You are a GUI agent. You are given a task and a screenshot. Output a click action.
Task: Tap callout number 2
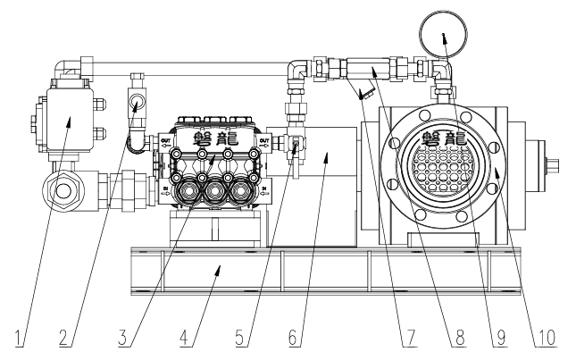pos(63,339)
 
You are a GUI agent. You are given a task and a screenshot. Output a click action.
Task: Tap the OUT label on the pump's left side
pos(166,139)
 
